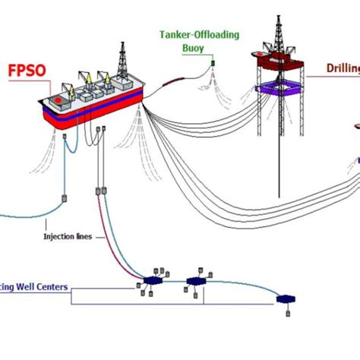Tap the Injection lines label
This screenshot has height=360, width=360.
(x=68, y=236)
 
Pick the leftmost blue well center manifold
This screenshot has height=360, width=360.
(x=153, y=280)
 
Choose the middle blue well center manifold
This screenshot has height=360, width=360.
(x=197, y=282)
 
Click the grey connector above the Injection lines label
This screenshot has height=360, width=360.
(x=63, y=200)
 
